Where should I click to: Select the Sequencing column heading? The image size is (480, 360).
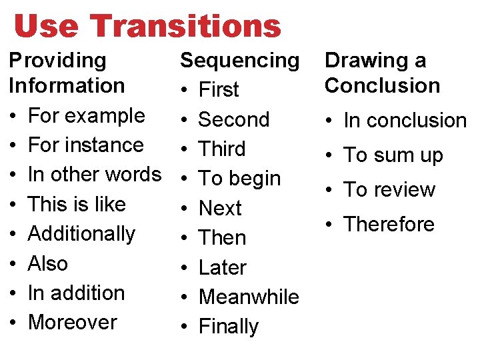pos(240,60)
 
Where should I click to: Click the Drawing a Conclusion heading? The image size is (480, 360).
pos(382,73)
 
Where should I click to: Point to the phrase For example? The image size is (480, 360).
pos(86,115)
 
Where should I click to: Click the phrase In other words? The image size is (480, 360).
pos(94,174)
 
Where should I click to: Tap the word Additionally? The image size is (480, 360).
pos(81,233)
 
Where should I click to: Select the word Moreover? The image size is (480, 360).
pos(72,322)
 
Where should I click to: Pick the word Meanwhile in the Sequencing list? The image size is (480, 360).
pos(249,297)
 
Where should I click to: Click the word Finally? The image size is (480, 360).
pos(229,327)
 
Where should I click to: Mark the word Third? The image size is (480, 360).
pos(222,149)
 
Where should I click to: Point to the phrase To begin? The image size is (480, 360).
pos(239,179)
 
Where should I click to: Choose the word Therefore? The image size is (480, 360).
pos(389,224)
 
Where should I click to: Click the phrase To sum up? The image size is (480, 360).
pos(393,155)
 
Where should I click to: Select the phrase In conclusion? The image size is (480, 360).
pos(405,121)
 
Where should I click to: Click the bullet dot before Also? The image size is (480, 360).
pos(14,264)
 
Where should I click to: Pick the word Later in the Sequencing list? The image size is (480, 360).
pos(223,267)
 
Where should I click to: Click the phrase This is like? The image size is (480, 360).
pos(76,204)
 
